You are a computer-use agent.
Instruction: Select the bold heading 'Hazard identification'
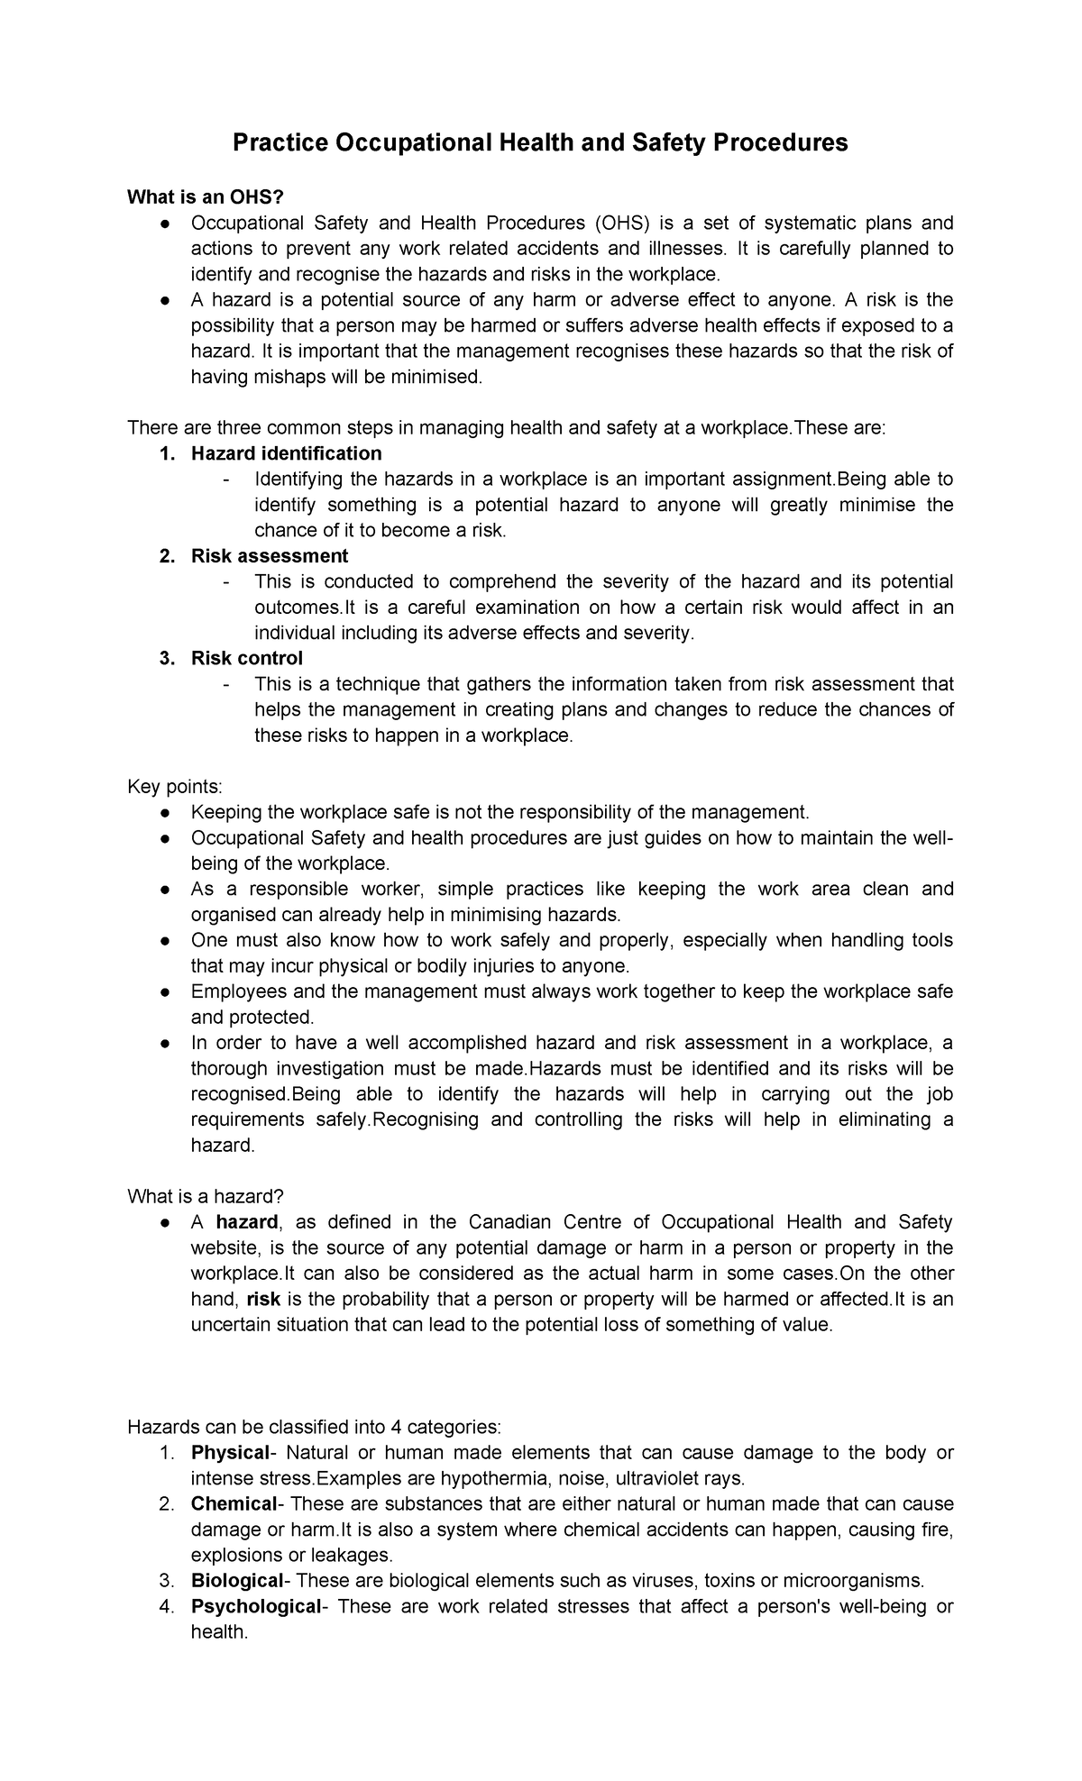point(286,452)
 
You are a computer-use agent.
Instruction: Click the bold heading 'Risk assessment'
point(269,555)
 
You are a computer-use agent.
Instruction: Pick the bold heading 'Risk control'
point(246,658)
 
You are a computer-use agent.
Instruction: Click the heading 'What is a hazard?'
point(206,1196)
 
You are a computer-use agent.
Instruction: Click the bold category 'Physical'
point(230,1453)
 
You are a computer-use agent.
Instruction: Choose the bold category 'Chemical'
point(234,1504)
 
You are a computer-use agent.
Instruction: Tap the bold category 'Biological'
point(237,1581)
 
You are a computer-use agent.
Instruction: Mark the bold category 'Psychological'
point(256,1606)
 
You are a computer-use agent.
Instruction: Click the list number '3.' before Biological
point(166,1581)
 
